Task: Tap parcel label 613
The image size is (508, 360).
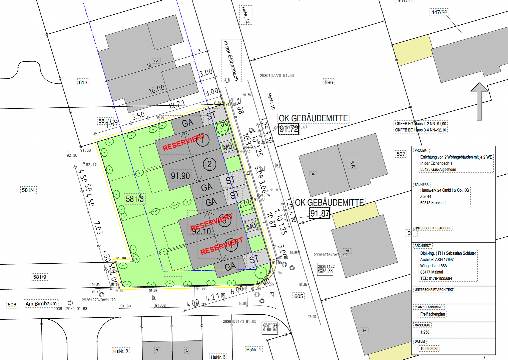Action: (x=83, y=82)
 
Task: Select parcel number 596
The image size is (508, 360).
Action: (x=329, y=82)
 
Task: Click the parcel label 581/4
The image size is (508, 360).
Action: (x=29, y=190)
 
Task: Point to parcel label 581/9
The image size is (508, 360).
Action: (x=40, y=277)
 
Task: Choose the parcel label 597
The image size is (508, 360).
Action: (x=401, y=154)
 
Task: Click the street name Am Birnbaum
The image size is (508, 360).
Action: (x=41, y=304)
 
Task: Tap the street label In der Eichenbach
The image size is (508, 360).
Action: (x=231, y=61)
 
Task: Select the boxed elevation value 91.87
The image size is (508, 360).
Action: (x=320, y=213)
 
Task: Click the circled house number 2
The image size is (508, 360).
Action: (x=209, y=164)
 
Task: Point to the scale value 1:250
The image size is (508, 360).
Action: (x=425, y=332)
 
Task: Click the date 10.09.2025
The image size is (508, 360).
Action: (x=429, y=348)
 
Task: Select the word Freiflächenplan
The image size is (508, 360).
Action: (x=432, y=314)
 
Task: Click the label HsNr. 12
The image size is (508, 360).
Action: (x=245, y=15)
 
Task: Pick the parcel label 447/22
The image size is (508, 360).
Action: (x=439, y=12)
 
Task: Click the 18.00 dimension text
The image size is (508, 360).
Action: (x=156, y=89)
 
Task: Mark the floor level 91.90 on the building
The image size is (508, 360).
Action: (x=180, y=176)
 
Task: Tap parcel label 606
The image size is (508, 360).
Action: (x=12, y=304)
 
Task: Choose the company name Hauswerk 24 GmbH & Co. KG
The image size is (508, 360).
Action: (x=444, y=190)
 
